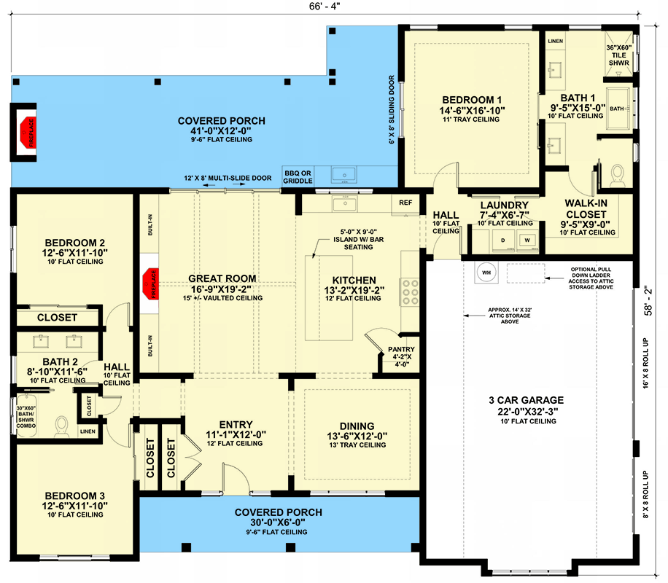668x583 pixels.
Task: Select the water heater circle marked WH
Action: point(485,273)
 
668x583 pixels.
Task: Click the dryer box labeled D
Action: point(502,238)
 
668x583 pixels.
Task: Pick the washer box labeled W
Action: point(524,238)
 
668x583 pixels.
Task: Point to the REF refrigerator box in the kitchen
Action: point(405,202)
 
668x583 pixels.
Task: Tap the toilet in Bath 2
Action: point(62,424)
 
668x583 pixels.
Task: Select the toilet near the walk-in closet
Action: point(618,175)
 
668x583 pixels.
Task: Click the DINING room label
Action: point(357,426)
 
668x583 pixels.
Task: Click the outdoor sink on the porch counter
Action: point(343,175)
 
